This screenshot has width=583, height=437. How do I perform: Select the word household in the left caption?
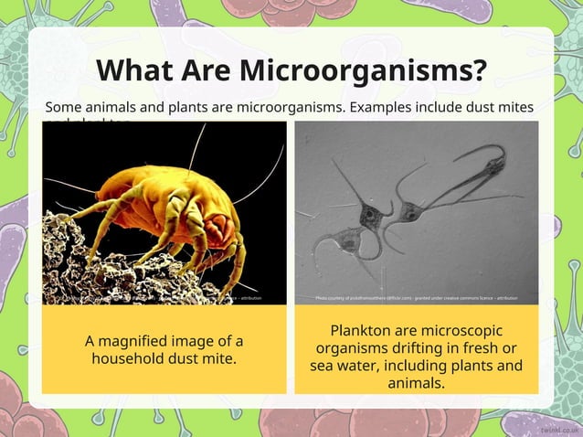pos(132,357)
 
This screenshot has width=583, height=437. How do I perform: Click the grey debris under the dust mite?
pos(91,265)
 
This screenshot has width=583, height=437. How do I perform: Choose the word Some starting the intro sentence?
pos(64,108)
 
